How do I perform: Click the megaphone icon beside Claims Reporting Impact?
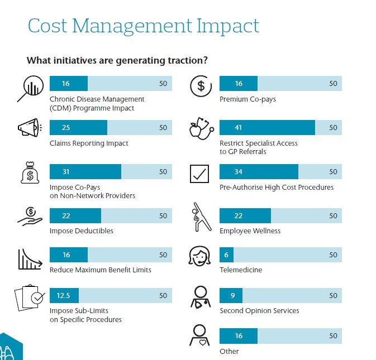(30, 128)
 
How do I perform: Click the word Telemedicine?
(241, 270)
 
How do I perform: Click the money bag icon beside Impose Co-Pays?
(29, 173)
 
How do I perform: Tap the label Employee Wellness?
(250, 231)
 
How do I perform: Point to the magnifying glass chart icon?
(28, 88)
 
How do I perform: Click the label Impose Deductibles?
(82, 231)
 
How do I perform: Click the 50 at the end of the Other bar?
(333, 336)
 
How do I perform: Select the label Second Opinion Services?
(259, 311)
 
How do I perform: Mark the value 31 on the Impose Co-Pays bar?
(66, 172)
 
